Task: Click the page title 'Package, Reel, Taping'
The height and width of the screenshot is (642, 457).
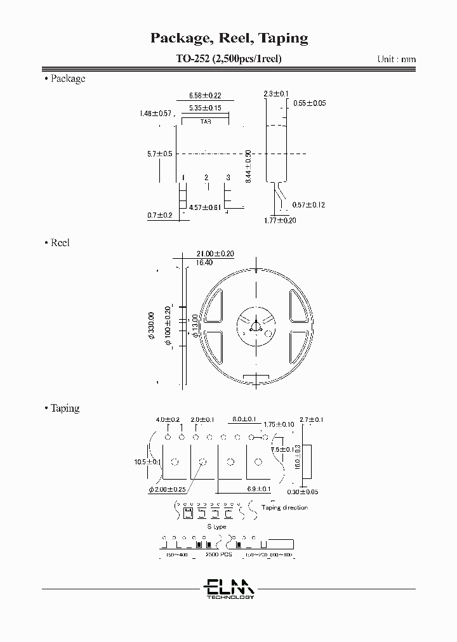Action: pyautogui.click(x=228, y=38)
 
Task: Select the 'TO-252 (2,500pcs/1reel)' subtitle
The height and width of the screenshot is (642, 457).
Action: pyautogui.click(x=228, y=59)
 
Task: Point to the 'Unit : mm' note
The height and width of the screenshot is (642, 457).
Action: pyautogui.click(x=397, y=59)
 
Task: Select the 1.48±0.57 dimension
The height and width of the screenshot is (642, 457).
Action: pyautogui.click(x=156, y=114)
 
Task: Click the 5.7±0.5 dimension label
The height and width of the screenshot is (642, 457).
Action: pyautogui.click(x=160, y=154)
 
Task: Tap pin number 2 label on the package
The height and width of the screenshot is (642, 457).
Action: pyautogui.click(x=206, y=178)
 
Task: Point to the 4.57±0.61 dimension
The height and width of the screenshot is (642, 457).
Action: pyautogui.click(x=206, y=207)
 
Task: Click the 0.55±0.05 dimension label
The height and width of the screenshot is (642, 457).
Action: pyautogui.click(x=309, y=103)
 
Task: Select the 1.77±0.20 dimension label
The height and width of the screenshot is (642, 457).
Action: pyautogui.click(x=280, y=220)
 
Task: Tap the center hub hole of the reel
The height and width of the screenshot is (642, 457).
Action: pyautogui.click(x=256, y=327)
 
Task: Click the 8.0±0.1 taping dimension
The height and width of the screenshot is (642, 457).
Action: pyautogui.click(x=244, y=419)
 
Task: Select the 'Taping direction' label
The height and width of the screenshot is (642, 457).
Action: pyautogui.click(x=284, y=508)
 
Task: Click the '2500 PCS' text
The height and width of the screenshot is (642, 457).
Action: pyautogui.click(x=218, y=554)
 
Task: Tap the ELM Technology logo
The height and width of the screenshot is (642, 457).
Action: pyautogui.click(x=229, y=588)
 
